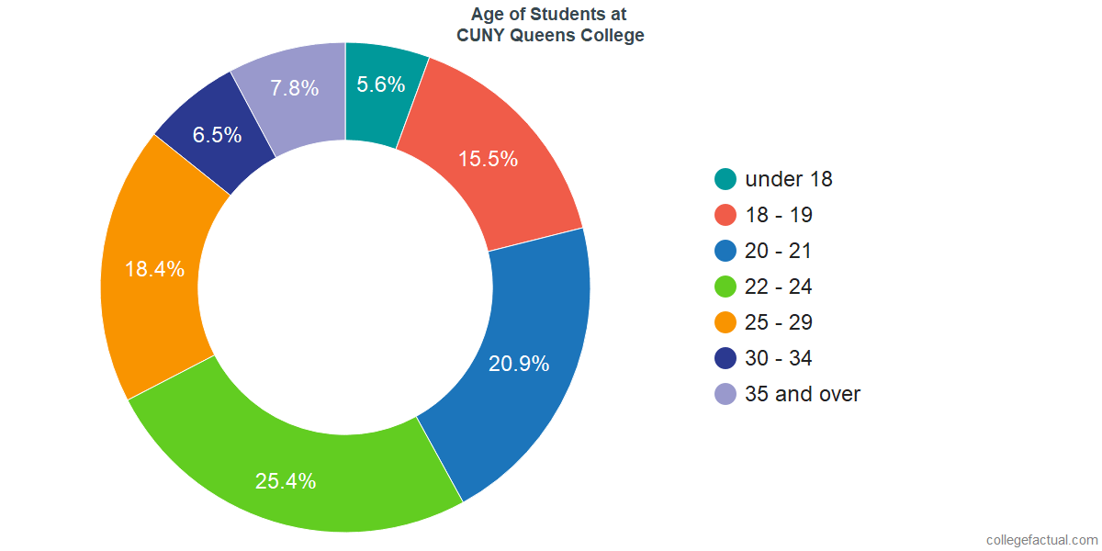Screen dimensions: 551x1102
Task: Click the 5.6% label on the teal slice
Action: point(381,85)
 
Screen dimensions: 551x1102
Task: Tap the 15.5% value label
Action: point(489,159)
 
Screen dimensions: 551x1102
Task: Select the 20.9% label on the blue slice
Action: point(519,364)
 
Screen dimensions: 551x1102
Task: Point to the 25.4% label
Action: point(286,480)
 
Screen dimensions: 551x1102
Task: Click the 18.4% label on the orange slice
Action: point(154,269)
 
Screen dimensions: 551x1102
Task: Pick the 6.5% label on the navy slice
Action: point(217,135)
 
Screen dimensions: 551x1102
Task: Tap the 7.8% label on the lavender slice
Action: point(295,88)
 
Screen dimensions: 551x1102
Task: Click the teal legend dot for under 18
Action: point(725,179)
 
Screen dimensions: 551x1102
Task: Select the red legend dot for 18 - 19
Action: point(725,215)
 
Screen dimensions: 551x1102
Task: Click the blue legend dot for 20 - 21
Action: point(725,251)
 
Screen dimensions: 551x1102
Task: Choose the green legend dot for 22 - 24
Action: point(725,287)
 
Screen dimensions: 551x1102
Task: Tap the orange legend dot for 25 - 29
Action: point(725,322)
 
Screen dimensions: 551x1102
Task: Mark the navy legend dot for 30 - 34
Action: point(725,358)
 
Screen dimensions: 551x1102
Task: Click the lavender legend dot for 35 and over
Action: point(725,394)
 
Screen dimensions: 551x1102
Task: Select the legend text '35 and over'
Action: point(803,394)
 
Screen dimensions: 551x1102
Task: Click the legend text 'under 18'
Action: point(789,179)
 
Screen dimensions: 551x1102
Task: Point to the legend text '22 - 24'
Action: point(779,287)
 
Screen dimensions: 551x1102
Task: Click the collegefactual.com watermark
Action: point(1041,540)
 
